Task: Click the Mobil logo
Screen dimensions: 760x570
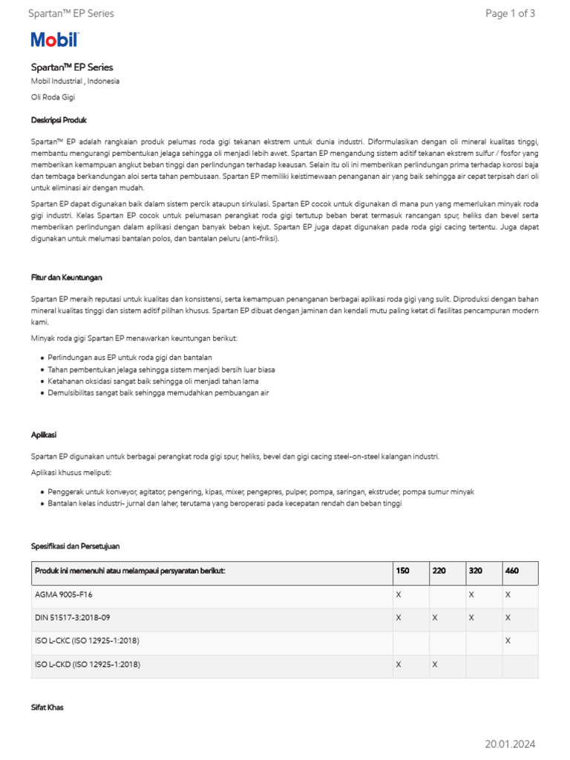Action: [x=54, y=40]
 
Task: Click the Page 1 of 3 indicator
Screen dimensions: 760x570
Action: [x=510, y=13]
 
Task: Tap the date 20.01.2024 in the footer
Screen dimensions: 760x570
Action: [x=510, y=744]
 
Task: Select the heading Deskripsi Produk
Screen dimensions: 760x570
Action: [x=59, y=119]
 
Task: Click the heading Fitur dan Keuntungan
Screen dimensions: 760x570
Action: [x=67, y=277]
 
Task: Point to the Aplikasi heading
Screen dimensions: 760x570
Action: [x=44, y=434]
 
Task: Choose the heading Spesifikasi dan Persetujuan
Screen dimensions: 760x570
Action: [x=75, y=546]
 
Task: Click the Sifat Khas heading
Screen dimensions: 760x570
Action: [x=47, y=707]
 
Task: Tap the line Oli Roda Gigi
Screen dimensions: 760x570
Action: [x=53, y=96]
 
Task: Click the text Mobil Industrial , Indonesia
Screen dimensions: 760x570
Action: [x=75, y=81]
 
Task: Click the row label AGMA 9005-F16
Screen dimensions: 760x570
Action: [x=64, y=594]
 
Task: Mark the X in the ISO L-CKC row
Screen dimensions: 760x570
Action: [x=508, y=641]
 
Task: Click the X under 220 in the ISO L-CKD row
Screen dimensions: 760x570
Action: [x=435, y=664]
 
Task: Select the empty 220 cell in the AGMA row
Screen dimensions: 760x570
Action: [x=447, y=594]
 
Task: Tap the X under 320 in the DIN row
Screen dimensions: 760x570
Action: [x=471, y=617]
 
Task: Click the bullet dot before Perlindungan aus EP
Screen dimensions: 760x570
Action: [x=42, y=358]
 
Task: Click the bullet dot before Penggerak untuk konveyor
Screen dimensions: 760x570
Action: [x=42, y=492]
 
